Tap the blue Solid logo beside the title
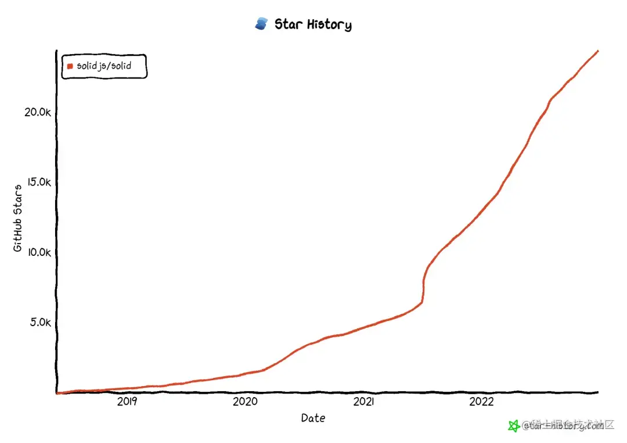tap(261, 24)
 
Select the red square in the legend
tap(70, 66)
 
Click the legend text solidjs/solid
tap(104, 66)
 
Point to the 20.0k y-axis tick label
tap(38, 112)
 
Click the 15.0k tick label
tap(38, 182)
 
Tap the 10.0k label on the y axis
tap(38, 252)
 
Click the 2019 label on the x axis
tap(127, 402)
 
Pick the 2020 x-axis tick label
tap(245, 402)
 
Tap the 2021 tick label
tap(363, 402)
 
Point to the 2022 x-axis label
tap(481, 402)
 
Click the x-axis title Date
tap(313, 418)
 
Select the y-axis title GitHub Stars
tap(18, 218)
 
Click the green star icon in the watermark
tap(514, 426)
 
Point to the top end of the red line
tap(598, 51)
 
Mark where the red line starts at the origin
tap(57, 393)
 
